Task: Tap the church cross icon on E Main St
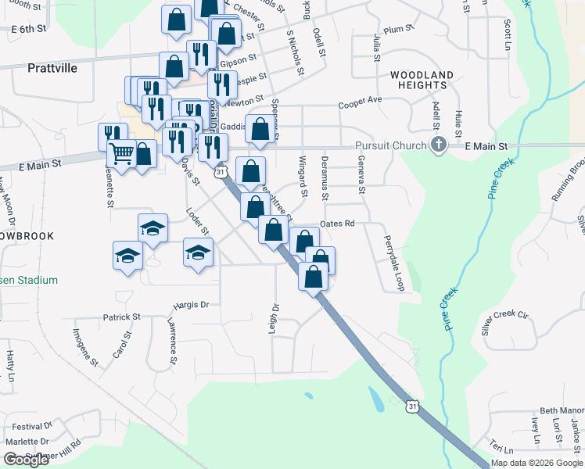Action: coord(439,145)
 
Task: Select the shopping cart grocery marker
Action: coord(121,152)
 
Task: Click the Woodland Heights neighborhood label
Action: coord(422,81)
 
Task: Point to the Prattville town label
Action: coord(52,68)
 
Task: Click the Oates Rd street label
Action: coord(338,224)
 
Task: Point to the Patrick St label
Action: coord(121,317)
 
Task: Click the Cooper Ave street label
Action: coord(360,101)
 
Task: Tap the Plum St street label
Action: coord(398,29)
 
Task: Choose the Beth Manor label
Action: coord(562,410)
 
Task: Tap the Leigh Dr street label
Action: coord(275,316)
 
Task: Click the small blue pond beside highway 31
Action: coord(377,401)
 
